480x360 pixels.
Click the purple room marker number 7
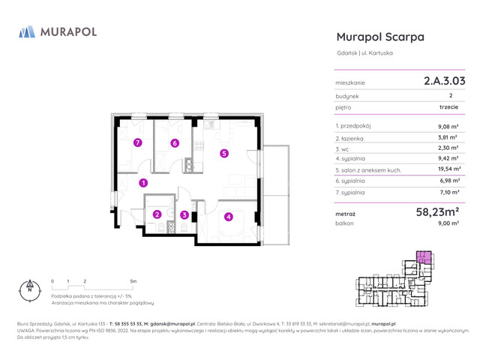(x=137, y=142)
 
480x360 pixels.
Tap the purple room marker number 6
(x=175, y=143)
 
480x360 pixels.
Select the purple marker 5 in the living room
(x=224, y=154)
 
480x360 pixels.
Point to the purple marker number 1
(x=143, y=182)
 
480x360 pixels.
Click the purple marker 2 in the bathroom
(x=157, y=214)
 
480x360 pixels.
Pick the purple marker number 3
(x=184, y=215)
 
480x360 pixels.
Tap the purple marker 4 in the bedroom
(x=229, y=217)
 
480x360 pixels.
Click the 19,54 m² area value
(x=448, y=169)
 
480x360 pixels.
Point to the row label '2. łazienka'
(x=352, y=137)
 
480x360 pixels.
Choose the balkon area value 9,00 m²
(x=448, y=224)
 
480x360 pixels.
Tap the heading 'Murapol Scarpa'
(x=380, y=37)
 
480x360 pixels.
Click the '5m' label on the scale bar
(x=133, y=281)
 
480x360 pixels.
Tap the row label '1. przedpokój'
(x=355, y=126)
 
